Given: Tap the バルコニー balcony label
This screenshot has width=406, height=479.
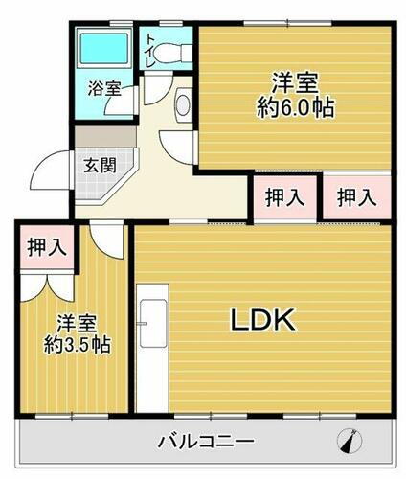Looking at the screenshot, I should tap(206, 443).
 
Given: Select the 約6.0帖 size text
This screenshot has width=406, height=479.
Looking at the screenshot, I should tap(295, 108).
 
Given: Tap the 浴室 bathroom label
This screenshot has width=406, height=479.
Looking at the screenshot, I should tap(104, 89).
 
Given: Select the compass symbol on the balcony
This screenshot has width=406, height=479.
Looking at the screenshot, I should tap(350, 443).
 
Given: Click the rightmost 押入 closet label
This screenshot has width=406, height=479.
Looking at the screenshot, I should tap(356, 198).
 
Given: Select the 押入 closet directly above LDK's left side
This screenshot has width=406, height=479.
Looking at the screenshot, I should tap(285, 198).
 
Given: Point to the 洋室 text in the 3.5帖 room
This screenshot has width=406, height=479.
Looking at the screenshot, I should tap(74, 322).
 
